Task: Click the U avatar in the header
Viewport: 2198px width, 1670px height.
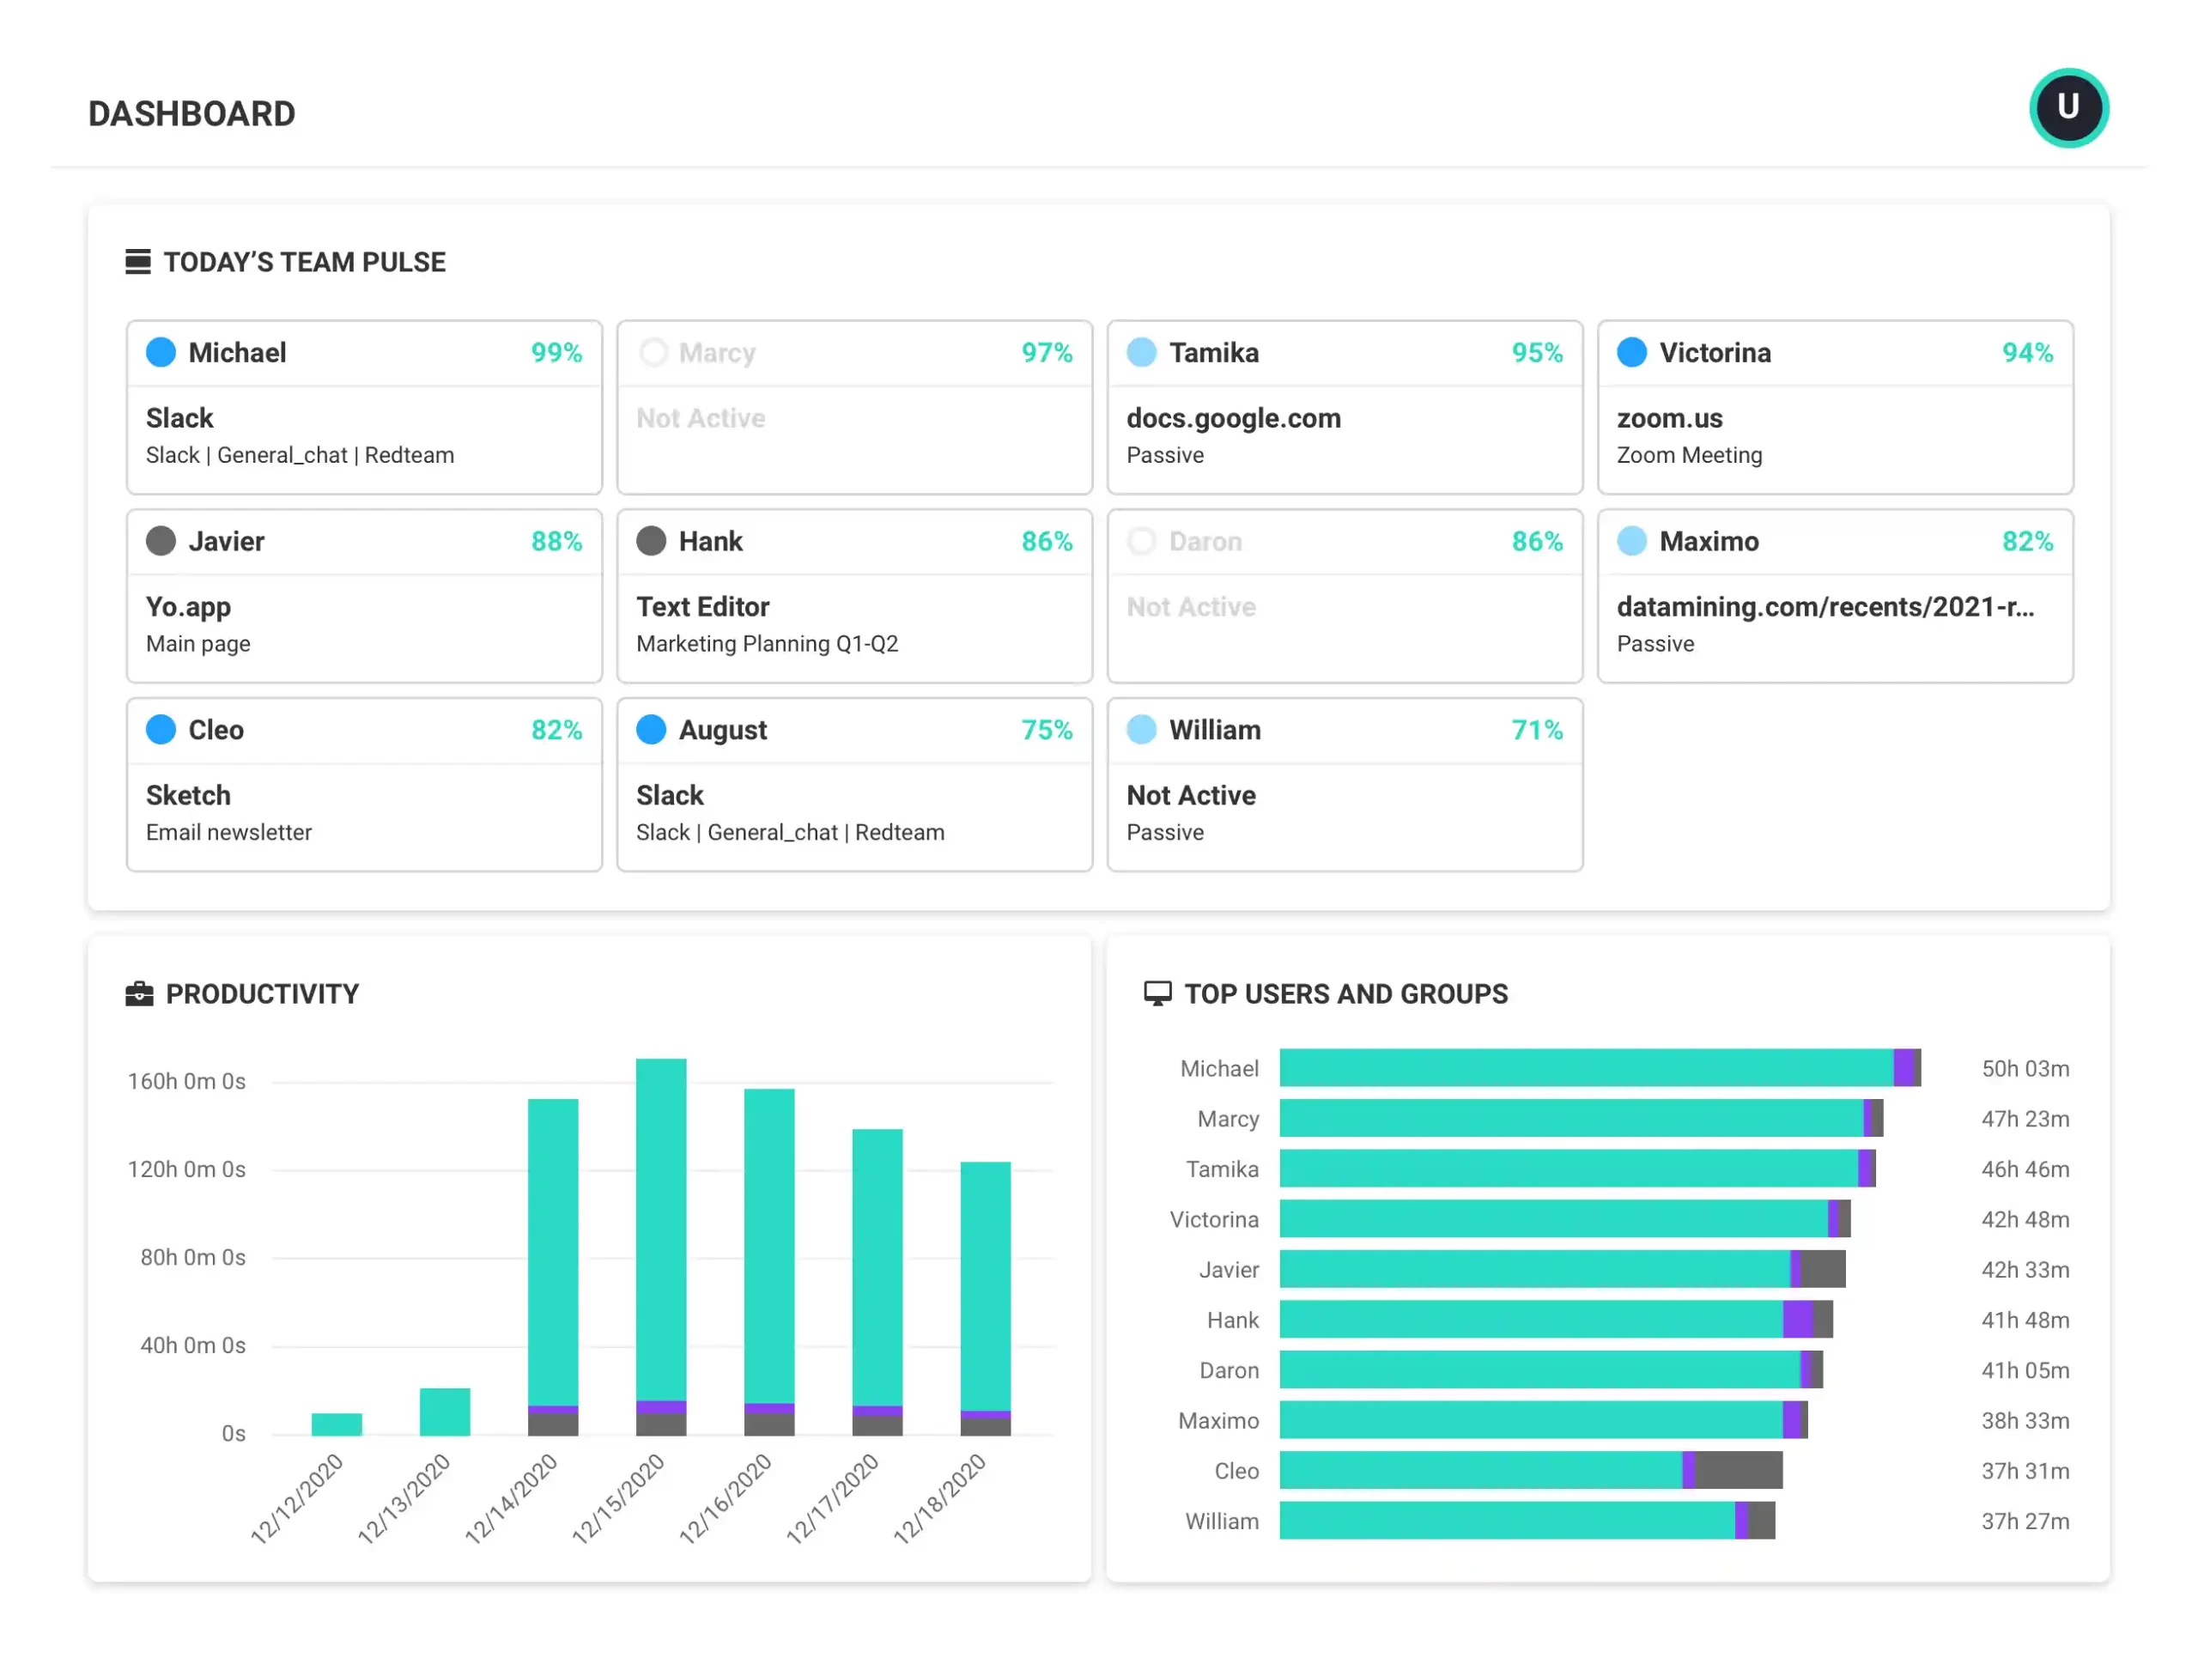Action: [x=2067, y=107]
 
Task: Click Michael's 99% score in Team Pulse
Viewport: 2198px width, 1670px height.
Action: [x=556, y=353]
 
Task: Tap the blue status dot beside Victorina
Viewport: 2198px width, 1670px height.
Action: [x=1631, y=352]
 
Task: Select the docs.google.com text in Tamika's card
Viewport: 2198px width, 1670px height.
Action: [x=1233, y=418]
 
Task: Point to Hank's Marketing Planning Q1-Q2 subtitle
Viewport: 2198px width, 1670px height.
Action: [x=767, y=644]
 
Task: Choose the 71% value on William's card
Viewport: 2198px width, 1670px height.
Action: [x=1536, y=731]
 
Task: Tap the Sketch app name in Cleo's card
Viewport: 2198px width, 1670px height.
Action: [x=188, y=795]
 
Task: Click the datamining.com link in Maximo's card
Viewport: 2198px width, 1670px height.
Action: [x=1825, y=607]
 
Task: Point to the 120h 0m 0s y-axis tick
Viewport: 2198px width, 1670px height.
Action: [x=186, y=1169]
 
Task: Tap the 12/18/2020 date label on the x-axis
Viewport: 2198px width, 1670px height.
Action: [x=939, y=1498]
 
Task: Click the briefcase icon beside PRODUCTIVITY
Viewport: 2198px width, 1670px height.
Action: [x=139, y=994]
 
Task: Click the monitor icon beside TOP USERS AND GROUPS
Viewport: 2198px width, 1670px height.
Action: [x=1157, y=994]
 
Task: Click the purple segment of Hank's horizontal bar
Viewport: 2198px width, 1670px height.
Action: [x=1797, y=1319]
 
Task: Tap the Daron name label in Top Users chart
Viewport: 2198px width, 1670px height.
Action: [x=1229, y=1371]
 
